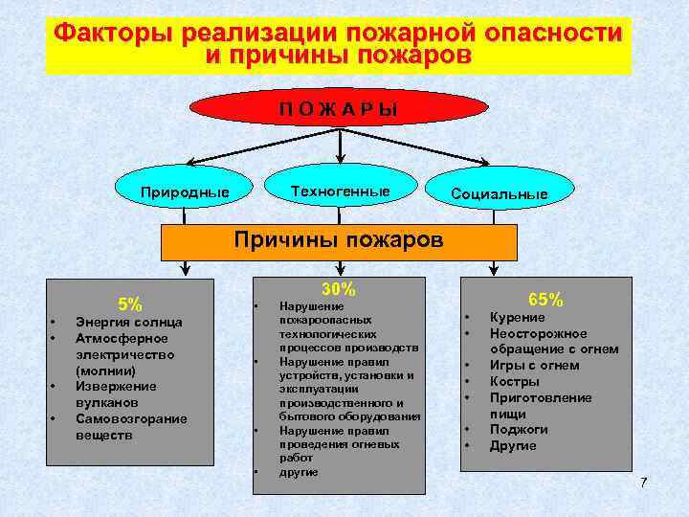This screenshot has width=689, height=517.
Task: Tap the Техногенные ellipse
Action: click(341, 191)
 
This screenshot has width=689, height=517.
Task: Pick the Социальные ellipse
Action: click(500, 194)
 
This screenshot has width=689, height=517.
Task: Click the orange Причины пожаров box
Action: click(339, 240)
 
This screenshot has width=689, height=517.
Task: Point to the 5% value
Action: click(130, 304)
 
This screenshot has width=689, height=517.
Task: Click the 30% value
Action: click(339, 289)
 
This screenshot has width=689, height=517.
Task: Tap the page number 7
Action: click(643, 482)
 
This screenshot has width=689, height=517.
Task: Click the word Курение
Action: click(518, 317)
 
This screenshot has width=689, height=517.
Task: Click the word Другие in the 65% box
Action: click(513, 446)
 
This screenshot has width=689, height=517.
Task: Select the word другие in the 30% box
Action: click(298, 472)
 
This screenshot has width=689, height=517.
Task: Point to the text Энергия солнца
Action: click(128, 322)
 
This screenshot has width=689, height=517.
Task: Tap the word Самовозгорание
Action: click(131, 418)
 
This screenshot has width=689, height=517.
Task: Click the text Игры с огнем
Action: click(534, 365)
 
